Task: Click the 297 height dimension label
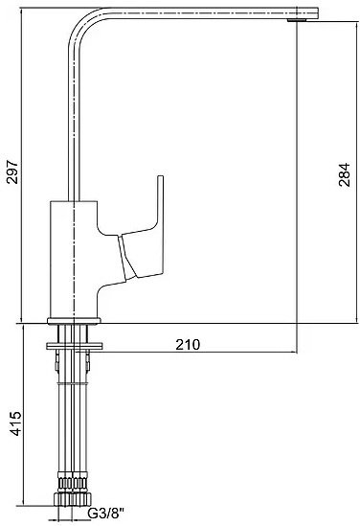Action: (x=12, y=172)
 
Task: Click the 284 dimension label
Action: (x=344, y=174)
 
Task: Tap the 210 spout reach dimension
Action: (x=188, y=345)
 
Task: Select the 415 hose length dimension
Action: (x=15, y=423)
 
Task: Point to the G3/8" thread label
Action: (x=106, y=514)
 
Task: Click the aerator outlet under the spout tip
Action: (x=297, y=20)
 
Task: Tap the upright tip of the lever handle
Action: (x=161, y=178)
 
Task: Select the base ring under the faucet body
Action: (x=74, y=321)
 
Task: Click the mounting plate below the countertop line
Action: (x=74, y=346)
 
